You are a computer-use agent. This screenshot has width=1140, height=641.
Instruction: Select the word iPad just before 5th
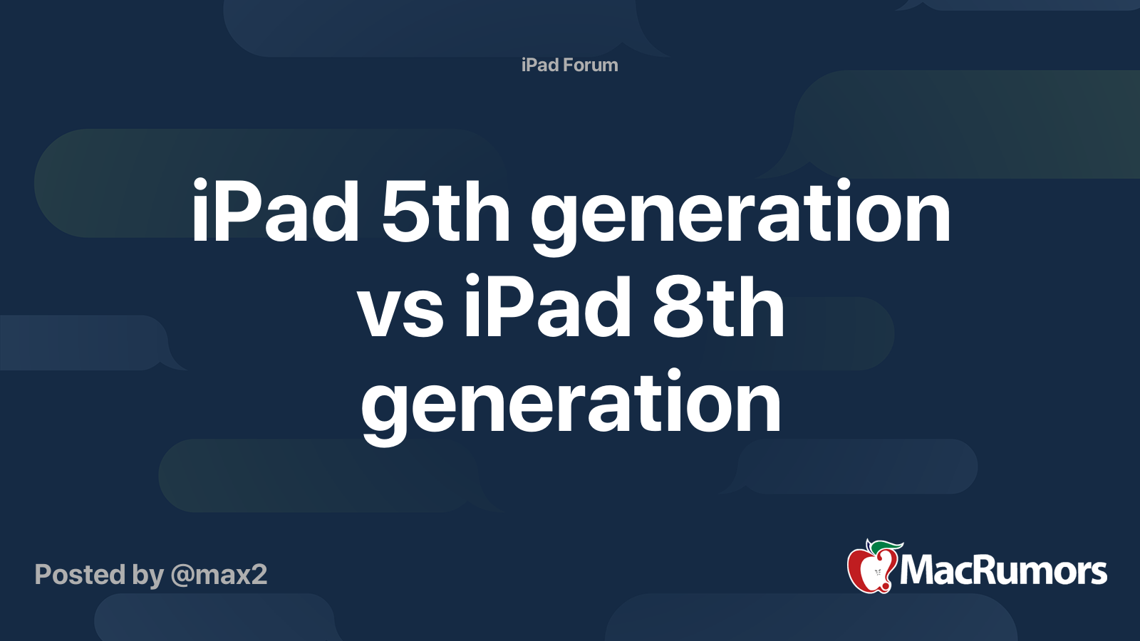[275, 211]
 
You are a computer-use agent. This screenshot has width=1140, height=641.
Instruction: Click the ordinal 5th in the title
[445, 211]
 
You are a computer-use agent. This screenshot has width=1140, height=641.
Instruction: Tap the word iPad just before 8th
[548, 306]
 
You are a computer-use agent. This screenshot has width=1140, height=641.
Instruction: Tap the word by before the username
[148, 576]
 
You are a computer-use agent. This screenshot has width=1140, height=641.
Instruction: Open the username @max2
[219, 575]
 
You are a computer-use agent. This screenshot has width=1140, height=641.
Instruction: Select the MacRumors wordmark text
[1003, 570]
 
